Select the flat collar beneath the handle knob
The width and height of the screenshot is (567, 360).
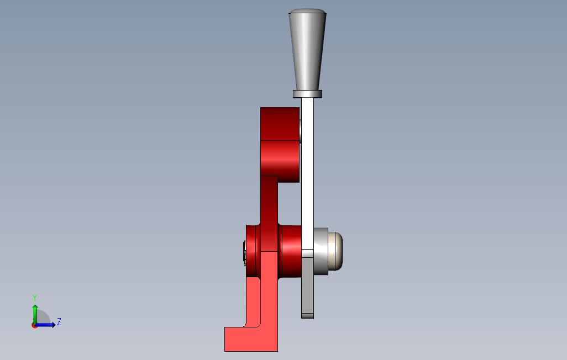tap(307, 94)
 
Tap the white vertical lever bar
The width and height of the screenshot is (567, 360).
tap(307, 173)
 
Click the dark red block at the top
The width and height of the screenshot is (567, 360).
tap(280, 124)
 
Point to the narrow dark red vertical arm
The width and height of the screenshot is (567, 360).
tap(269, 213)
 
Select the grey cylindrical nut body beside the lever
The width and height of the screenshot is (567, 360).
tap(321, 251)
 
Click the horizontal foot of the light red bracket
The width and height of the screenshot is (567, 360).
tap(251, 339)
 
